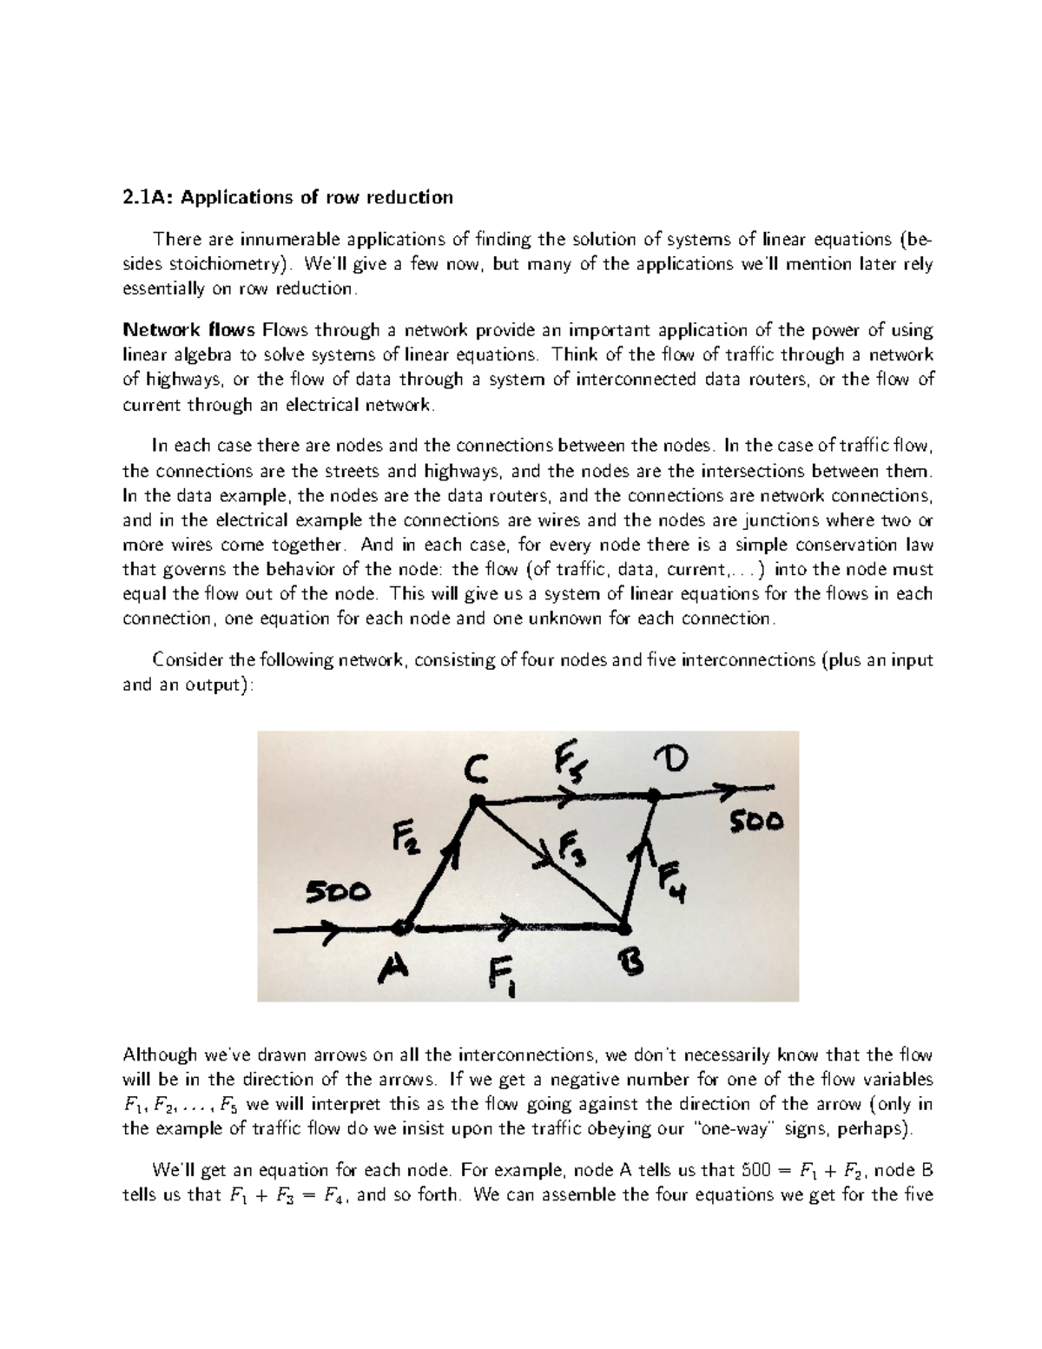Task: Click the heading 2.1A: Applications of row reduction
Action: pos(287,197)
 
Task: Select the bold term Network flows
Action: pos(188,330)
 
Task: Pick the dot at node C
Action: pos(475,803)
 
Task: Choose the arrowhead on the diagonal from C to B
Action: pos(548,858)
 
